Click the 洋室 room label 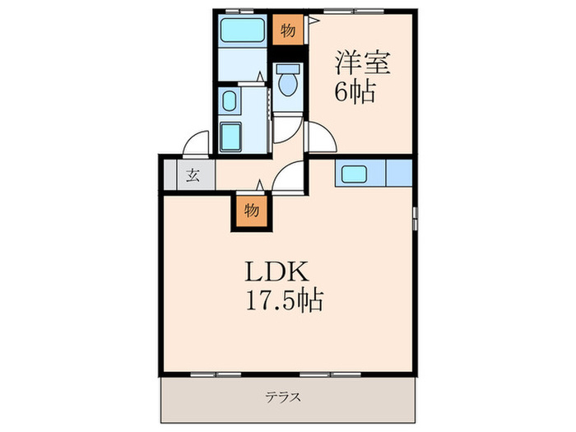pyautogui.click(x=363, y=63)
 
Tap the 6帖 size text pyautogui.click(x=355, y=91)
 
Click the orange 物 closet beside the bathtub pyautogui.click(x=287, y=31)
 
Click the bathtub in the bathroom pyautogui.click(x=243, y=32)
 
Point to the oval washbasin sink pyautogui.click(x=230, y=103)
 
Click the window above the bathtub pyautogui.click(x=239, y=12)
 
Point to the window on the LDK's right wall pyautogui.click(x=415, y=218)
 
